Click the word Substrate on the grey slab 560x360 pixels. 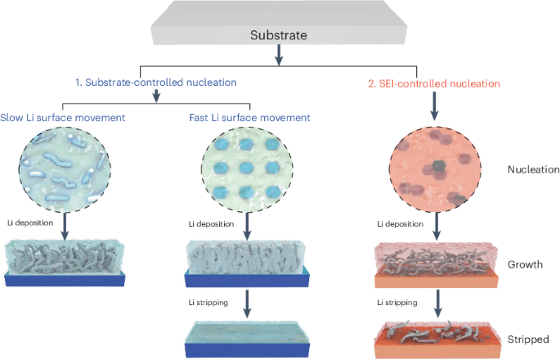click(279, 36)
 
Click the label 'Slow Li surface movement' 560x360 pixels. click(63, 118)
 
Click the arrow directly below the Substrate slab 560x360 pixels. click(279, 54)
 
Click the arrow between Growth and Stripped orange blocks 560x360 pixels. click(437, 304)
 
